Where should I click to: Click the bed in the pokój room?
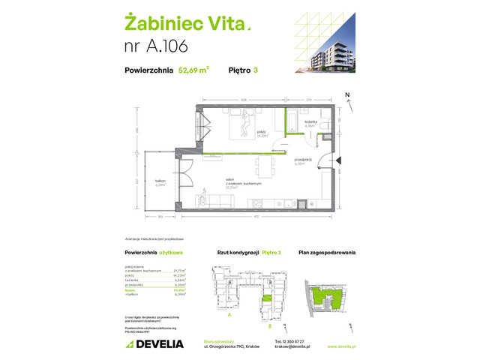tap(244, 123)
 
